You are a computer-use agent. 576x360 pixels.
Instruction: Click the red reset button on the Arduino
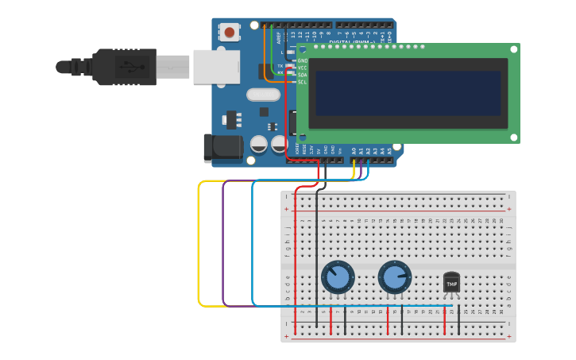click(x=230, y=33)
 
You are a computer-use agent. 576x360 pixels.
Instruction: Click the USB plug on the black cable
click(x=124, y=67)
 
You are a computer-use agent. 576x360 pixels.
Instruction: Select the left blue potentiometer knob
click(x=338, y=278)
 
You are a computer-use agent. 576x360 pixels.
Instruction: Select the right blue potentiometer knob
click(x=394, y=277)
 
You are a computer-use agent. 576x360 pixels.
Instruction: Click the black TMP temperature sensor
click(x=451, y=283)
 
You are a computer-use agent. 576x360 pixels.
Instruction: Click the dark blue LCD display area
click(x=408, y=93)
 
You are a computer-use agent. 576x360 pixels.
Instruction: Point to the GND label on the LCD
click(x=302, y=60)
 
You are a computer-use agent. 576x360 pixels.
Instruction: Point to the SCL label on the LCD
click(x=302, y=82)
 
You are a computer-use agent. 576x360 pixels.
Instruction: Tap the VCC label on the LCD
click(x=302, y=68)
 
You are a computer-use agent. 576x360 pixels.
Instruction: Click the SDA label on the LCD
click(x=302, y=75)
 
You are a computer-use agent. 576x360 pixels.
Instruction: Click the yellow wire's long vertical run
click(x=199, y=242)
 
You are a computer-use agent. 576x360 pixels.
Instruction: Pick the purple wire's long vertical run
click(x=223, y=242)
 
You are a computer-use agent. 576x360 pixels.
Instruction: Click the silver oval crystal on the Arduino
click(x=263, y=95)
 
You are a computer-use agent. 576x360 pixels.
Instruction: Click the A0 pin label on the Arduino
click(x=354, y=149)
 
